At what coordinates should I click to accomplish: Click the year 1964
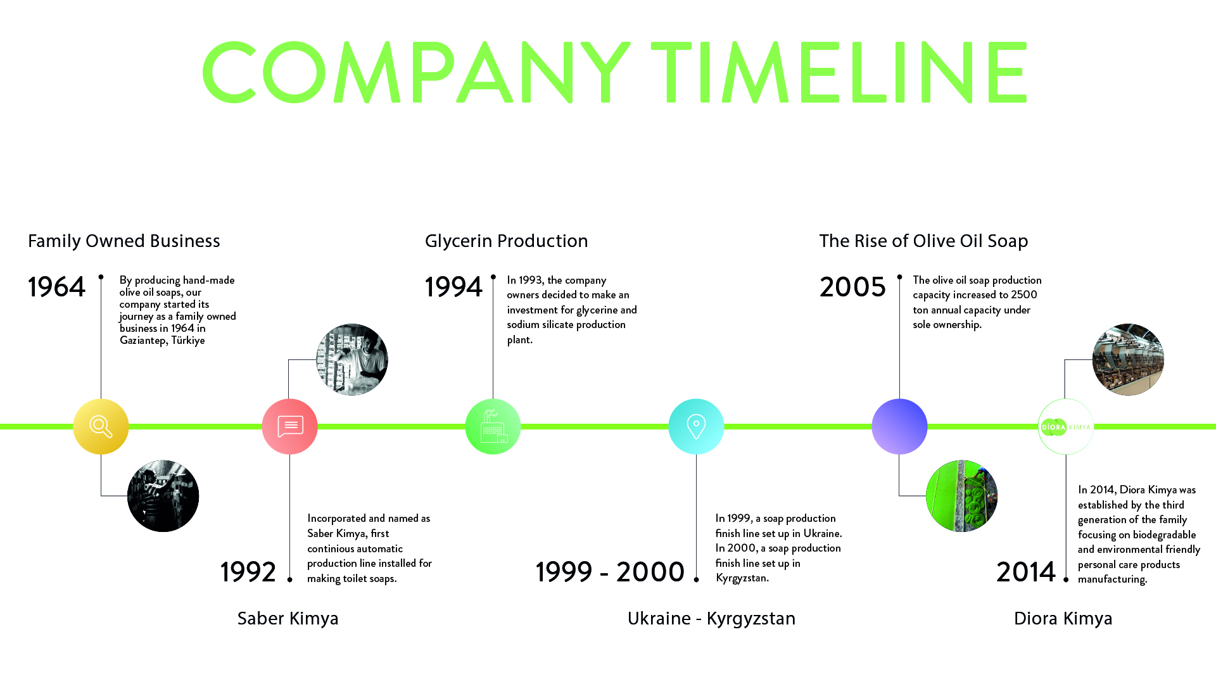(x=56, y=287)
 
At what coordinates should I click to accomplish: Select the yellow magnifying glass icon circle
(x=101, y=426)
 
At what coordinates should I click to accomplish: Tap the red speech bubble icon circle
(x=289, y=426)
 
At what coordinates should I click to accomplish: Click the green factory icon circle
(x=493, y=426)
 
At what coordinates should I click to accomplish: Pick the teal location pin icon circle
(x=696, y=426)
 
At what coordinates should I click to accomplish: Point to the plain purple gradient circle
(x=899, y=426)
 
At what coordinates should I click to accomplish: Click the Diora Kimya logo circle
(x=1066, y=426)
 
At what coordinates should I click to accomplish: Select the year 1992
(x=248, y=572)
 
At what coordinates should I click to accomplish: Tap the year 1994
(x=453, y=287)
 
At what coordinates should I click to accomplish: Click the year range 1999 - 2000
(x=610, y=572)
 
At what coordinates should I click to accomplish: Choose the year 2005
(x=852, y=287)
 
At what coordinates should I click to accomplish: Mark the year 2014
(x=1026, y=572)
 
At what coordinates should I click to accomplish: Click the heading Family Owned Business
(x=124, y=241)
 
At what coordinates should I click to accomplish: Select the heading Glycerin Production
(x=507, y=241)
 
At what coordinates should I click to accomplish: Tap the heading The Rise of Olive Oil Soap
(x=923, y=241)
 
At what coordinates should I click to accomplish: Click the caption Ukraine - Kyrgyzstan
(x=711, y=618)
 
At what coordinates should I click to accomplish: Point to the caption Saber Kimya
(x=288, y=618)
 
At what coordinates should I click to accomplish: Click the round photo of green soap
(x=961, y=496)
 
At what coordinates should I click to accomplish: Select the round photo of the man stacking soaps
(x=352, y=360)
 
